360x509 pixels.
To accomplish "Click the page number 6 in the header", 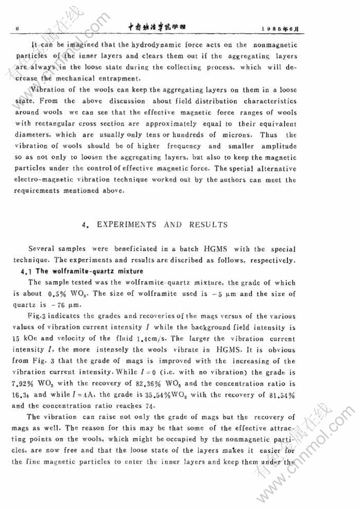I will click(18, 28).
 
